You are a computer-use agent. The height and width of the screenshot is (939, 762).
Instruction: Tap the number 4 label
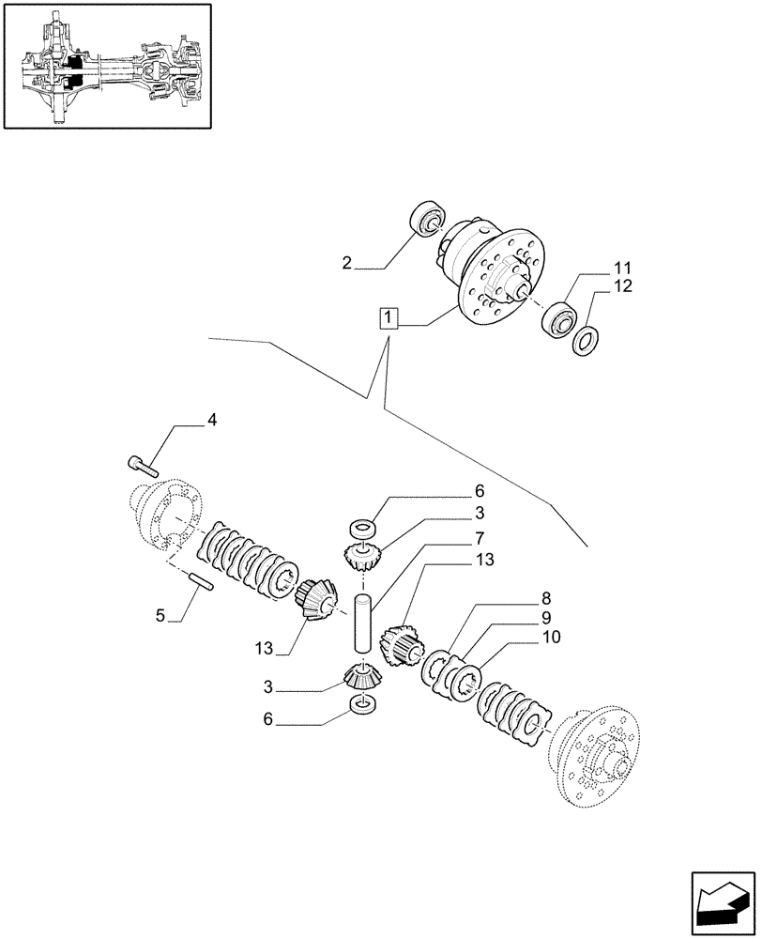pos(211,420)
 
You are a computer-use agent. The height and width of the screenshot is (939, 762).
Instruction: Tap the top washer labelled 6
pos(362,529)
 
